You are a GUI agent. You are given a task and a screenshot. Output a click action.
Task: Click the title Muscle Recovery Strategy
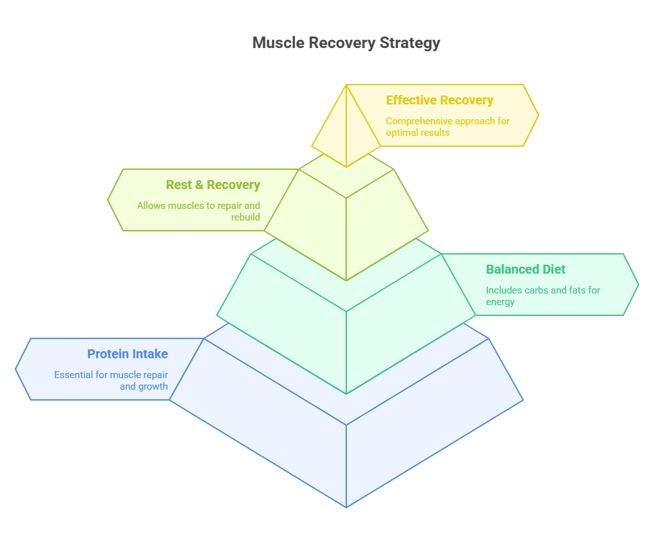[346, 43]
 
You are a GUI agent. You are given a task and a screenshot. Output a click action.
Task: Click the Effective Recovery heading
[439, 100]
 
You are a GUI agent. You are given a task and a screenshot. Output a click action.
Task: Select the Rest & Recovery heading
[213, 185]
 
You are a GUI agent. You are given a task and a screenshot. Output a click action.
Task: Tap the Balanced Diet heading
[526, 269]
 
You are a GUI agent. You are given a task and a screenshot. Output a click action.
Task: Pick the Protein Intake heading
[128, 354]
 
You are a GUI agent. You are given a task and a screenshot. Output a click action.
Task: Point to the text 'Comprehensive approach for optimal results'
[448, 127]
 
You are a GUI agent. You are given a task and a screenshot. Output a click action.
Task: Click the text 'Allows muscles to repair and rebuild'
[199, 211]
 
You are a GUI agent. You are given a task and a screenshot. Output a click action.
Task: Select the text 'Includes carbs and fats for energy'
[542, 295]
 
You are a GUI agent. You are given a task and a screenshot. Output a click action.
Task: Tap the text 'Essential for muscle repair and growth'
[111, 381]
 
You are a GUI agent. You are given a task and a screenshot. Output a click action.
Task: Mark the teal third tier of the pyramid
[346, 320]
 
